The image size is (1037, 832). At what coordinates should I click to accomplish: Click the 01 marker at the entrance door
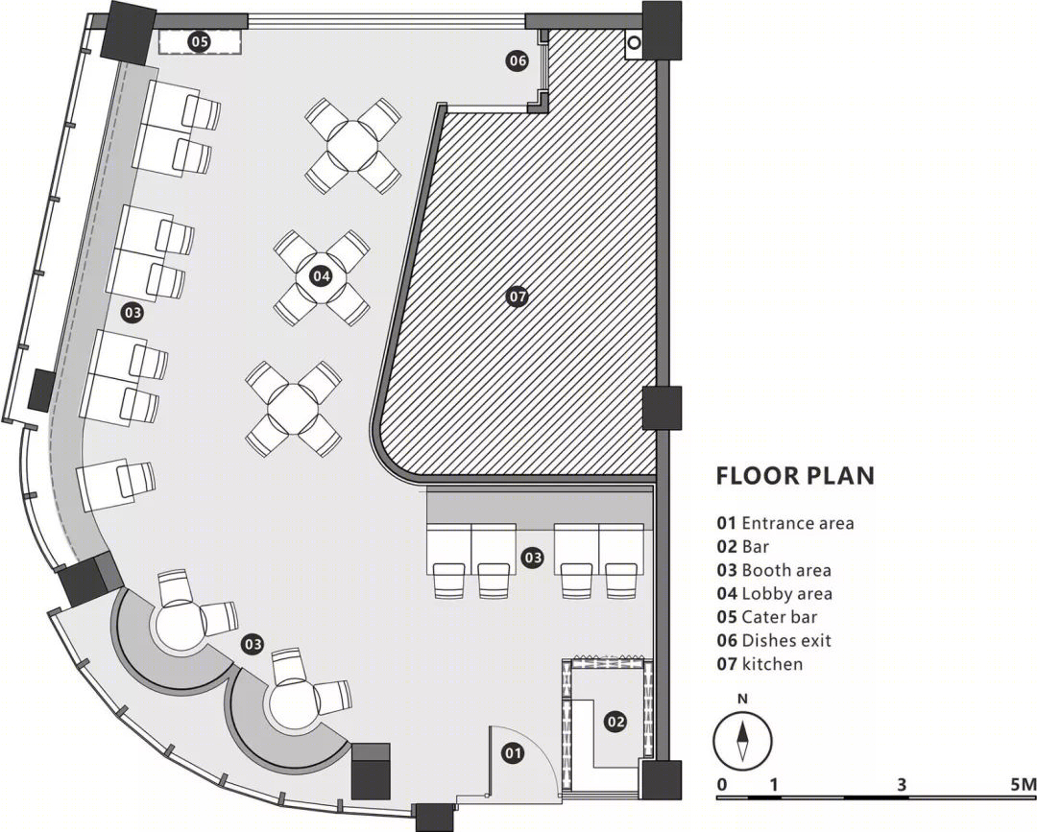coord(513,752)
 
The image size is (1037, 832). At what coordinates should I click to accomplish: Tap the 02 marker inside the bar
coord(615,721)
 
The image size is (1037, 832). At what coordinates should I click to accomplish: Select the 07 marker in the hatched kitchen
coord(518,297)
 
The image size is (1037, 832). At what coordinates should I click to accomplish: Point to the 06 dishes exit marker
coord(518,60)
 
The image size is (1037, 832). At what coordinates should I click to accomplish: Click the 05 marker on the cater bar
coord(199,41)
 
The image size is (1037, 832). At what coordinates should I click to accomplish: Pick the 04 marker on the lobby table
coord(321,275)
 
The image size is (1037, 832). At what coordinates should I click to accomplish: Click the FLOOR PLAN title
coord(796,476)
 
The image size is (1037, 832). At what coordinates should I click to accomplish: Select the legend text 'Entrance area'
coord(798,523)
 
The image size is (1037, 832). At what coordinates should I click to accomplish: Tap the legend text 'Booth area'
coord(786,570)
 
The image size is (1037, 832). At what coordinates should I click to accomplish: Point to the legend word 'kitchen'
coord(772,663)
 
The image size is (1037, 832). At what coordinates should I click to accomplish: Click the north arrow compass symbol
coord(742,741)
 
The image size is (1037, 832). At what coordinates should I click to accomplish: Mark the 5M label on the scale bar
coord(1023,784)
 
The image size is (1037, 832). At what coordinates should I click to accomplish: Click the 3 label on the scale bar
coord(902,784)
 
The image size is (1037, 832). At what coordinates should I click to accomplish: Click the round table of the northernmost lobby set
coord(353,146)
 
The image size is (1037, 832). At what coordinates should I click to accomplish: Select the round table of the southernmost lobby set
coord(293,409)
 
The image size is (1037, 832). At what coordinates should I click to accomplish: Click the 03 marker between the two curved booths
coord(253,644)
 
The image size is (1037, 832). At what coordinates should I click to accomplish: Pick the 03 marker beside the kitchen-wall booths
coord(532,558)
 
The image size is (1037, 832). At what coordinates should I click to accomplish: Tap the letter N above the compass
coord(742,700)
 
